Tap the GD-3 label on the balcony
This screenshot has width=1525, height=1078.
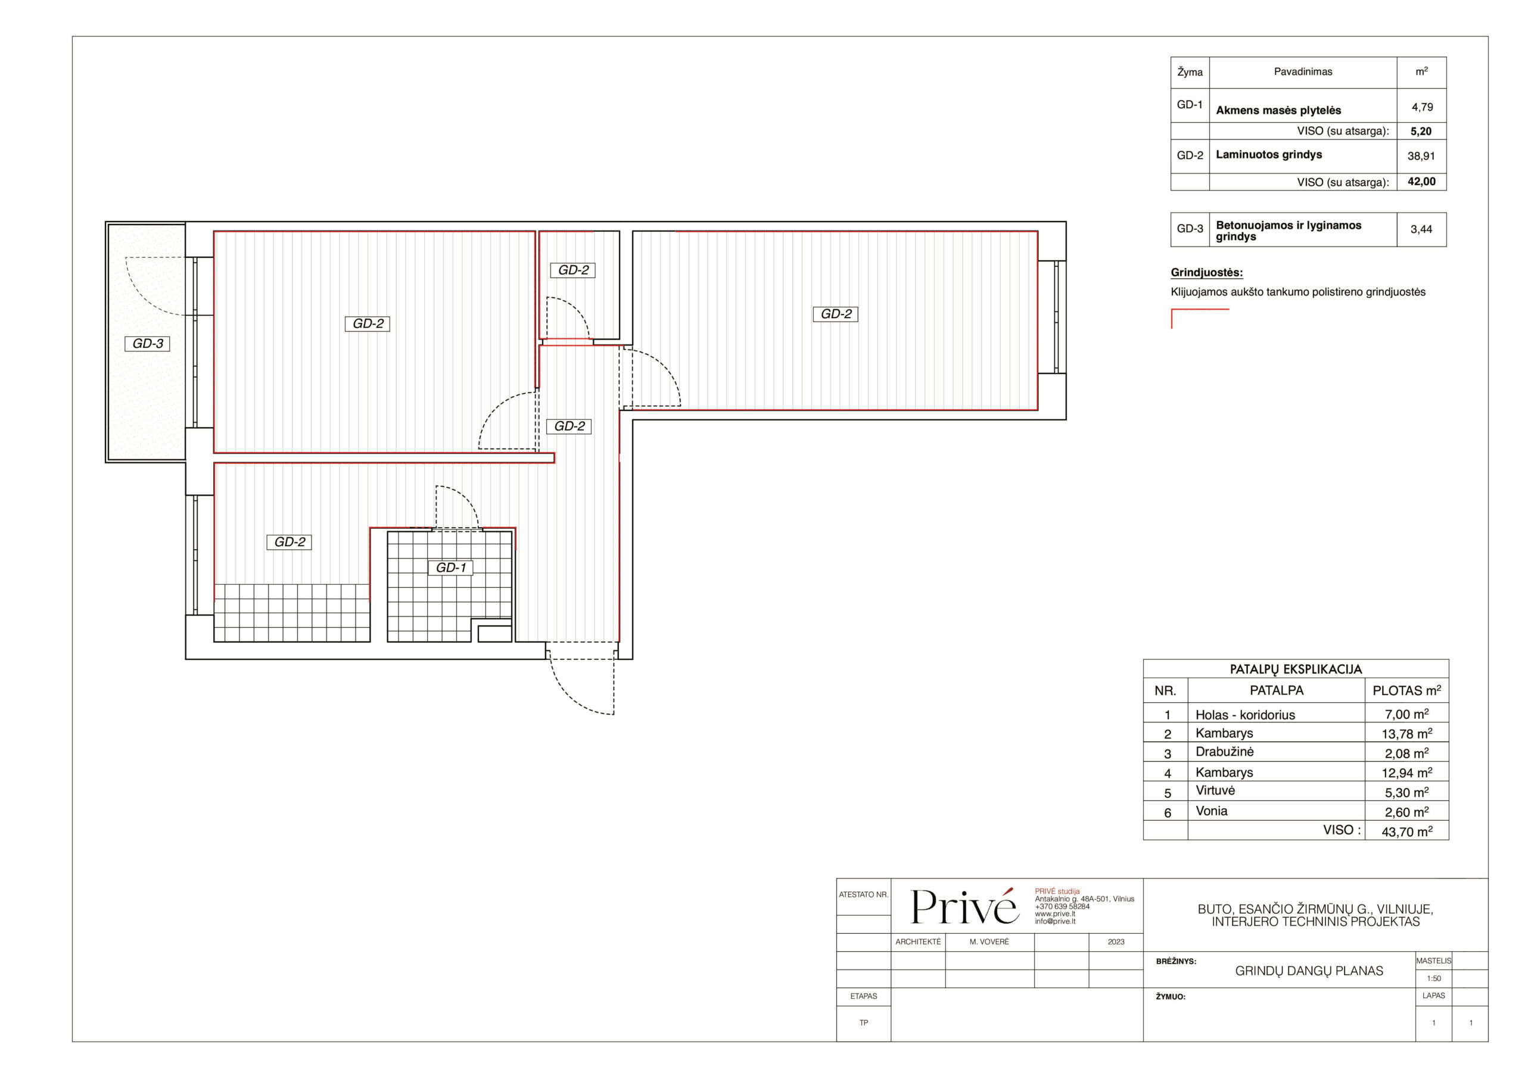pos(148,344)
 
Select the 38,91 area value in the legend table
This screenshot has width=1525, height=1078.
pos(1421,156)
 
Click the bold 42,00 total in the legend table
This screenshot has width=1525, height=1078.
pos(1421,181)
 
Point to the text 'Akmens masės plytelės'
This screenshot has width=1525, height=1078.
pos(1278,110)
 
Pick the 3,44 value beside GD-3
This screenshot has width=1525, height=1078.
pos(1421,229)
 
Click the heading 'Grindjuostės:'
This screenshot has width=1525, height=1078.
pos(1207,272)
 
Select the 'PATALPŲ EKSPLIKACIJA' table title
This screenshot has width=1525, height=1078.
pos(1295,669)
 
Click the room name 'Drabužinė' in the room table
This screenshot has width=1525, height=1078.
pos(1224,752)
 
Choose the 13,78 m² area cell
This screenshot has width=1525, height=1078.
pos(1407,733)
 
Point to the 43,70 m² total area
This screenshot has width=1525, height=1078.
pos(1407,831)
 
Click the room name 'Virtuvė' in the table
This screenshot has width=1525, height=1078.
pos(1215,790)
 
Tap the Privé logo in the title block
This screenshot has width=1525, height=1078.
pos(964,906)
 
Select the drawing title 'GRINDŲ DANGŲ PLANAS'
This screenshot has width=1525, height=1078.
pos(1309,971)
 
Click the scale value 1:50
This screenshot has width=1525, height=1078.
pos(1433,979)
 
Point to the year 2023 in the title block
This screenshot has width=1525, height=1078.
pos(1116,942)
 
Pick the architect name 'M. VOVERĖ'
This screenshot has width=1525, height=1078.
pos(989,942)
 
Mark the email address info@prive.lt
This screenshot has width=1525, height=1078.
pos(1055,921)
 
